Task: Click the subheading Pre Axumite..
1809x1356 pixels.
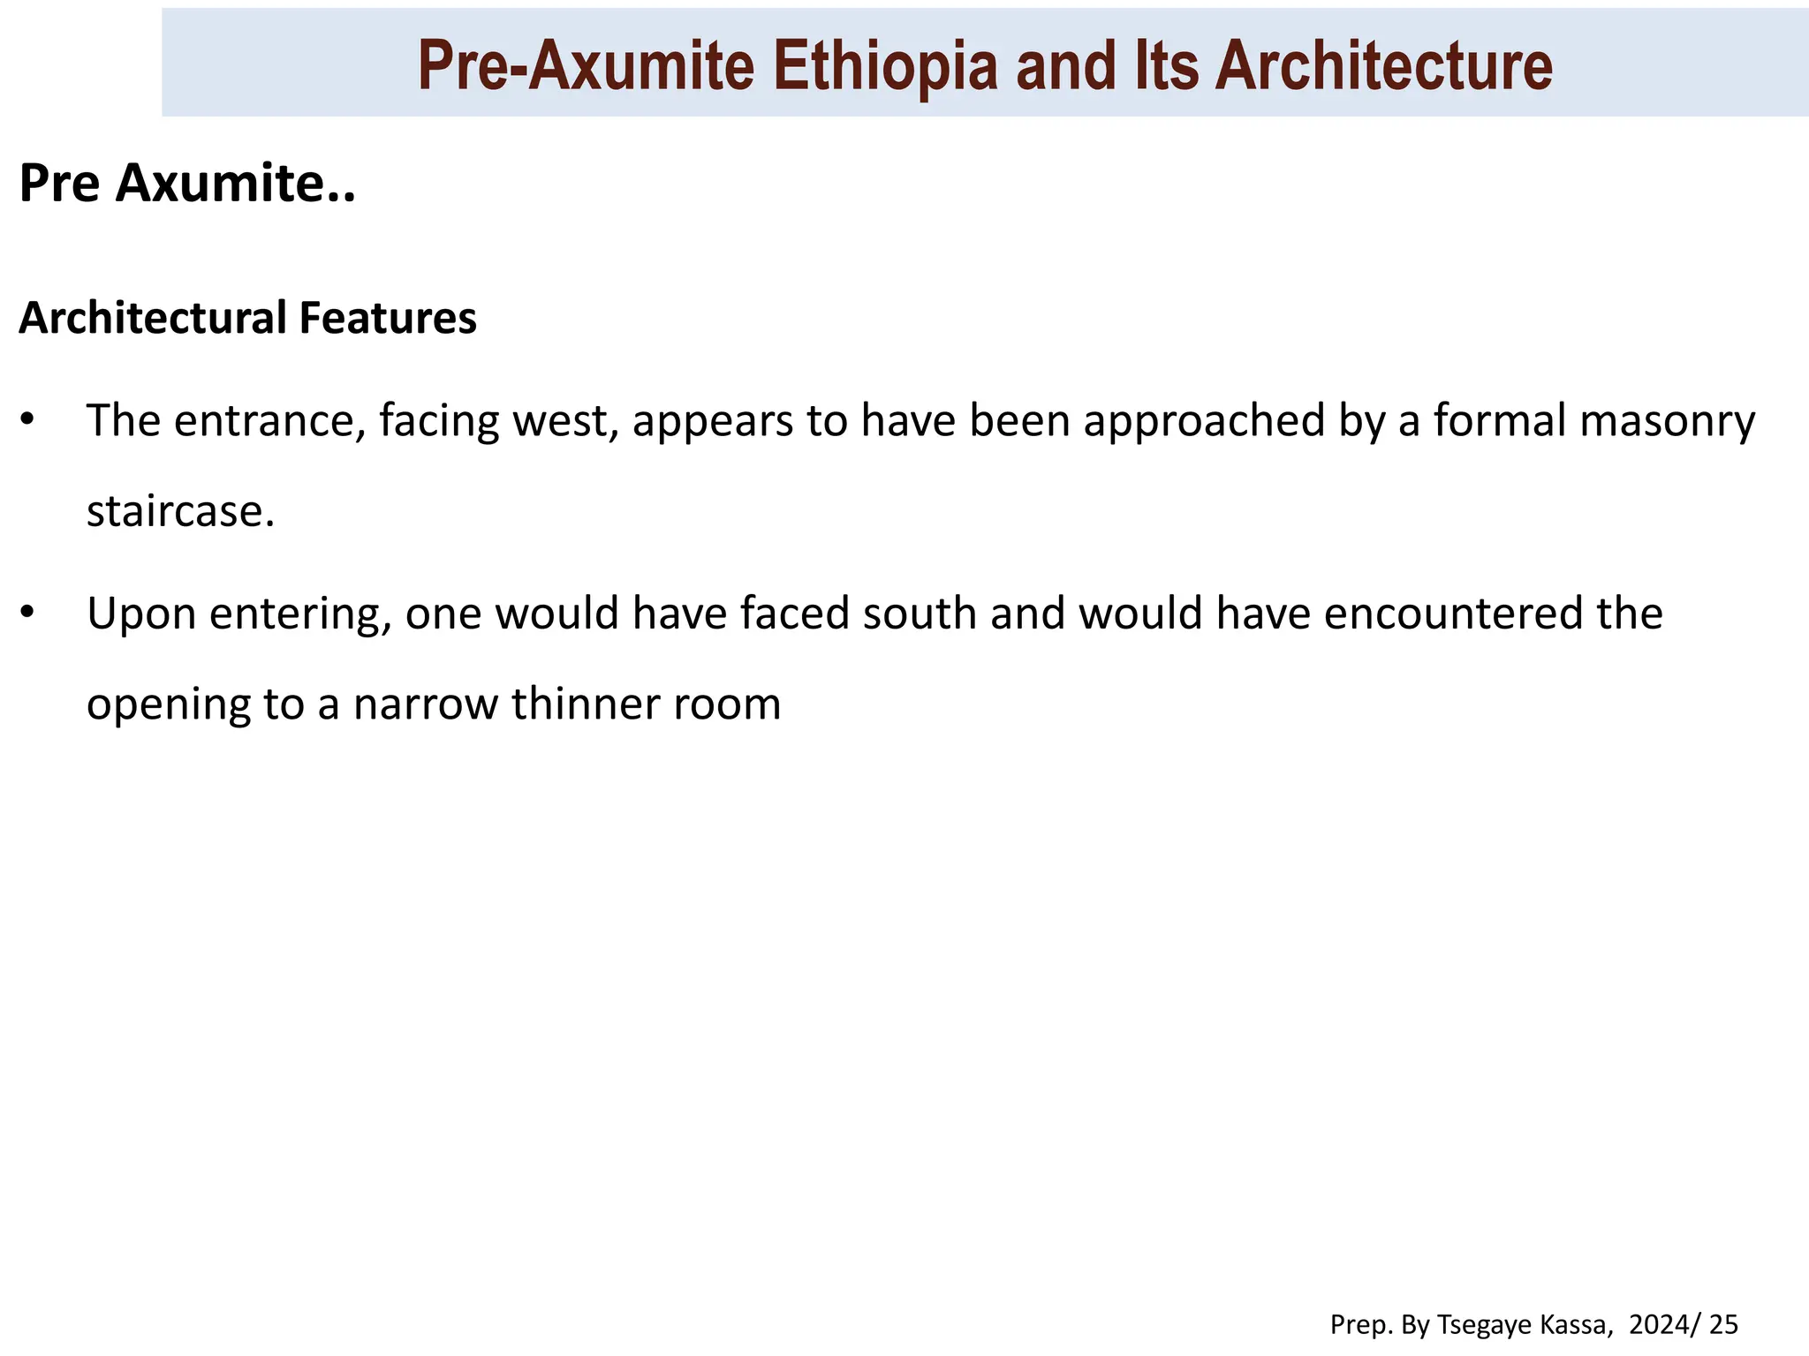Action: pos(186,184)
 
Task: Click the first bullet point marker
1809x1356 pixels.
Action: pos(27,419)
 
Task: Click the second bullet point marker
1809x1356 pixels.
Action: pos(27,613)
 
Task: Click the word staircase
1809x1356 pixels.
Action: pos(180,511)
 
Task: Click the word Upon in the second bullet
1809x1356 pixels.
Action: pos(140,613)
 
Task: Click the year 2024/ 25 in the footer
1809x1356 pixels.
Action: pos(1684,1324)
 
